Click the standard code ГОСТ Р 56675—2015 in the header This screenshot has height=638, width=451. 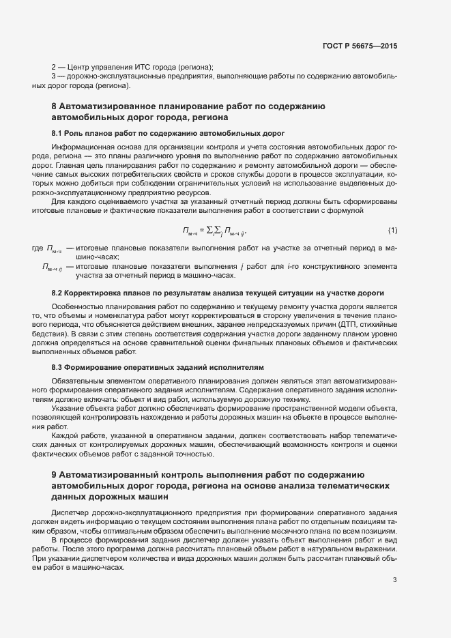pos(359,46)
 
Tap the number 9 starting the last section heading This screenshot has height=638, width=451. pos(55,474)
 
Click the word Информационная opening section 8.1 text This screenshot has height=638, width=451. pos(81,147)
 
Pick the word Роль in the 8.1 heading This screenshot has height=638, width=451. pos(75,132)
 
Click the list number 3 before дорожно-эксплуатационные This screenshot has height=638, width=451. pos(54,76)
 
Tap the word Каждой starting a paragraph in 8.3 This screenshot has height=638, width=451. pos(66,435)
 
